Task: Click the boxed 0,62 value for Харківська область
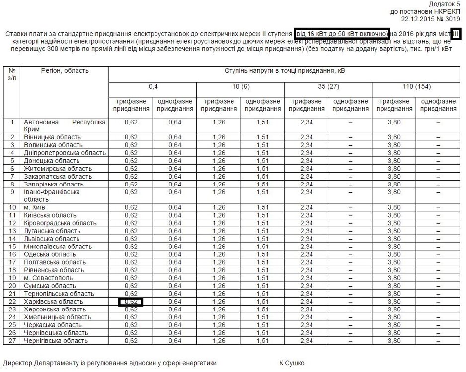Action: tap(131, 302)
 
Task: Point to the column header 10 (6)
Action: tap(240, 87)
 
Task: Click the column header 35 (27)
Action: tap(328, 87)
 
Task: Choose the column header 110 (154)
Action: tap(416, 87)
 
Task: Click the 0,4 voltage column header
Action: tap(153, 87)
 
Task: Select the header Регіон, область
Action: tap(65, 71)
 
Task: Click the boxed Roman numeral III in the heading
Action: tap(457, 33)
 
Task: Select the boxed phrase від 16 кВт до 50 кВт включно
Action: tap(342, 33)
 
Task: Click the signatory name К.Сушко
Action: tap(292, 363)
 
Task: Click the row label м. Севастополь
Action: tap(48, 278)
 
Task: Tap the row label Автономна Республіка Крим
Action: tap(65, 125)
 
